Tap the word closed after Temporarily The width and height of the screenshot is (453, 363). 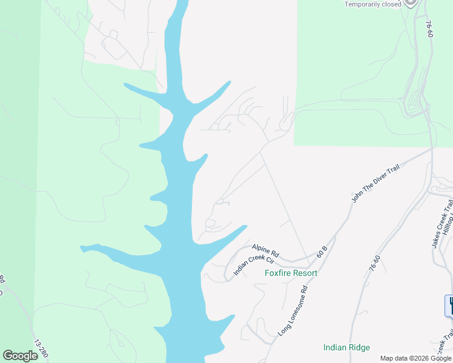tap(391, 4)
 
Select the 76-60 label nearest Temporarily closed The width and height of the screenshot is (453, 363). tap(429, 30)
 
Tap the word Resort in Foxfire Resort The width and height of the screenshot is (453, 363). tap(304, 273)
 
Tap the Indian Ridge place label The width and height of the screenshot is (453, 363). tap(346, 347)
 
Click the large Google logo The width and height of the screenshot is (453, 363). tap(20, 355)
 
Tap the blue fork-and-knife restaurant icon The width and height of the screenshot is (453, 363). tap(450, 305)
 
